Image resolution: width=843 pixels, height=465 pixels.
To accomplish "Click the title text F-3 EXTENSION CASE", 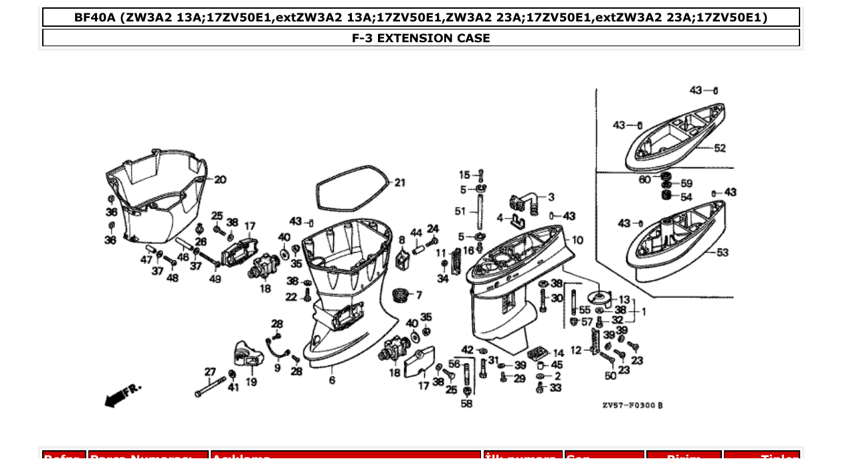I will click(x=421, y=38).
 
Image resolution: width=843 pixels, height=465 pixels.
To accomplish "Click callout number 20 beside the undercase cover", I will click(x=220, y=180).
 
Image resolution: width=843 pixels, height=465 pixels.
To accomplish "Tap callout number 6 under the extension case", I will click(x=332, y=381).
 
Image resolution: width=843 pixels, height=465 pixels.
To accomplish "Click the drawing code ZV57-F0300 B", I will click(x=632, y=405).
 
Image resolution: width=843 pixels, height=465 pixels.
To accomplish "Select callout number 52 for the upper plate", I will click(x=719, y=148).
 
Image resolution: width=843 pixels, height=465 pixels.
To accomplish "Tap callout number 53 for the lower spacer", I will click(x=722, y=253).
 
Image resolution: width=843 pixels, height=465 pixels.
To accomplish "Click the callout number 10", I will click(x=577, y=240).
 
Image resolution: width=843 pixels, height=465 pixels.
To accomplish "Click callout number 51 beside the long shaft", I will click(x=460, y=211).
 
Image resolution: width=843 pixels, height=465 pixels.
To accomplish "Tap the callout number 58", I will click(x=466, y=403).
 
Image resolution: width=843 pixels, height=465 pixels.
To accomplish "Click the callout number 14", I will click(x=558, y=352).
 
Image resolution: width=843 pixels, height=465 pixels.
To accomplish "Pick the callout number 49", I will click(x=215, y=279).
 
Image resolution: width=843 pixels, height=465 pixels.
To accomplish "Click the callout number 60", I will click(x=644, y=180).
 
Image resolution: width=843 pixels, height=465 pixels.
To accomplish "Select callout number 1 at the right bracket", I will click(x=644, y=312).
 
